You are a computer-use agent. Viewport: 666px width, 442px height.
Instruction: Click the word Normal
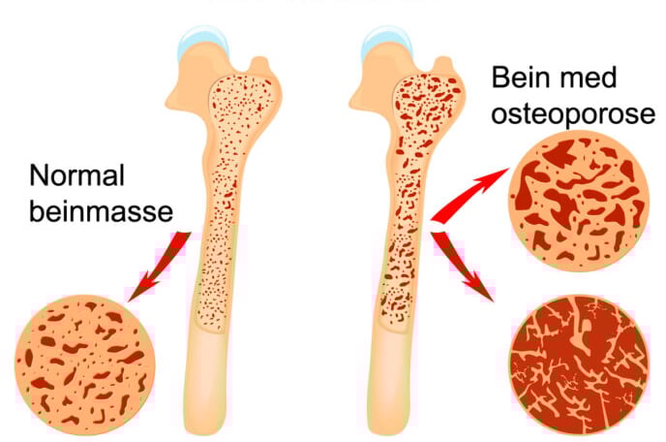[x=79, y=176]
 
